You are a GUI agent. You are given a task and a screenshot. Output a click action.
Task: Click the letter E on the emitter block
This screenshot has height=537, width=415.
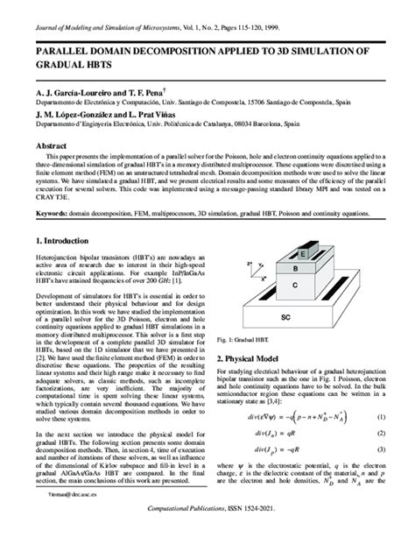[303, 255]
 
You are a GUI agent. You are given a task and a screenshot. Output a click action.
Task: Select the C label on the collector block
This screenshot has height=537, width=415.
[295, 286]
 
